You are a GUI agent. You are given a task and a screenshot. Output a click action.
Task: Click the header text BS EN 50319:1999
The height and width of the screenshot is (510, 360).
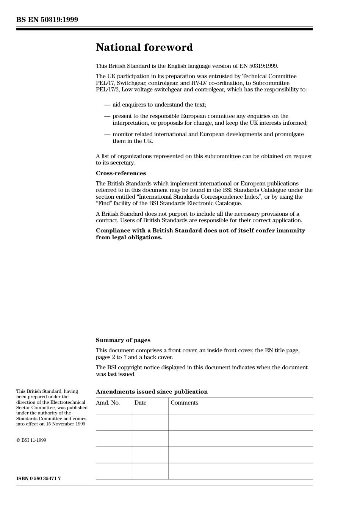tap(47, 20)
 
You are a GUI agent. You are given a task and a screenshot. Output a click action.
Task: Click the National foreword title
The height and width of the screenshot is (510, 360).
tap(144, 47)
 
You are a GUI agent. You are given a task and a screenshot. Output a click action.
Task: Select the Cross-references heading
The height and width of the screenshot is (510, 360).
tap(121, 173)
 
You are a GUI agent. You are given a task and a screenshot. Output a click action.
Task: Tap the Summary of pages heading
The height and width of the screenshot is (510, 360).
tap(123, 340)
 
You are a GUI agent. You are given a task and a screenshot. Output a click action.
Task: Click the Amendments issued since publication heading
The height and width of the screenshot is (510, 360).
tap(152, 392)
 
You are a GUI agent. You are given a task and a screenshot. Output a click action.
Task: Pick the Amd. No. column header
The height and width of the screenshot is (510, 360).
tap(108, 403)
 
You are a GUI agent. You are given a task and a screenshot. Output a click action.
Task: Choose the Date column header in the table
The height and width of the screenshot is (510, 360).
tap(140, 403)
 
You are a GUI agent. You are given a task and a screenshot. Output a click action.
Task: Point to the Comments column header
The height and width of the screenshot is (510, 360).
tap(184, 403)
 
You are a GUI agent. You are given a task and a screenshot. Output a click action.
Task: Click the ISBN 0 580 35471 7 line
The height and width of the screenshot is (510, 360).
tap(38, 479)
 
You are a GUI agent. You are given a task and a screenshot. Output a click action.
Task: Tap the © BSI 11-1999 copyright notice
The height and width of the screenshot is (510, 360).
tap(31, 440)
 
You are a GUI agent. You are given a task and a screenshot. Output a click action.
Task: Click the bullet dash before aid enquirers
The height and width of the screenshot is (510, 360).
tap(107, 105)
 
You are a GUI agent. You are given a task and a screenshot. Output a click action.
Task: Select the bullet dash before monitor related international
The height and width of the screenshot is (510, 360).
tap(107, 134)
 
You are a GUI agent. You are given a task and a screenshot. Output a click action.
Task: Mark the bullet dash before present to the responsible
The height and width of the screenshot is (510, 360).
tap(107, 116)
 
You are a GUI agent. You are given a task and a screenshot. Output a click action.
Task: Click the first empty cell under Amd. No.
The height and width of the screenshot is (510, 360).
tap(114, 422)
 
